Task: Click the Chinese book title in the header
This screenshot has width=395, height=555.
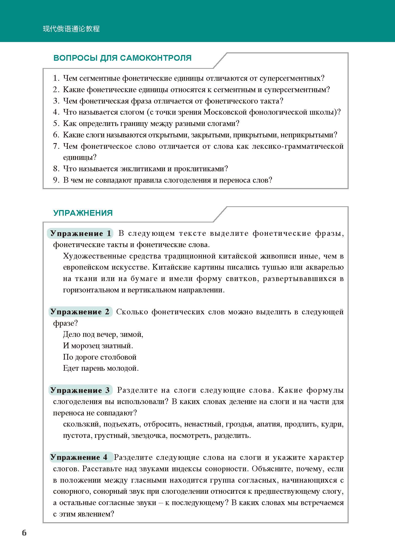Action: pyautogui.click(x=71, y=29)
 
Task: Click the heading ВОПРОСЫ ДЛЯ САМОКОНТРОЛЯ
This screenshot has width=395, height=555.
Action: pyautogui.click(x=123, y=58)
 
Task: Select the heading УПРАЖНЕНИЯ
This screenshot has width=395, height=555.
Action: pyautogui.click(x=83, y=213)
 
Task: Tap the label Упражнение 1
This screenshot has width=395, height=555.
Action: pyautogui.click(x=81, y=234)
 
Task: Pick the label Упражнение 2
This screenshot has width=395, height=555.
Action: pyautogui.click(x=80, y=312)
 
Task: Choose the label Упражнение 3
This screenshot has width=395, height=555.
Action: pyautogui.click(x=80, y=390)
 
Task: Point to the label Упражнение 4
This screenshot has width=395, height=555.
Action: pyautogui.click(x=79, y=457)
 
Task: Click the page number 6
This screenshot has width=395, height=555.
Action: pyautogui.click(x=24, y=533)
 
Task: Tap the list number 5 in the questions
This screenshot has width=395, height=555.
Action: pyautogui.click(x=56, y=124)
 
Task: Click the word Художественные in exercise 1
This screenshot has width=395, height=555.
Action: pyautogui.click(x=94, y=256)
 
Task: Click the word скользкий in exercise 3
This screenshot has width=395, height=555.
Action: pyautogui.click(x=81, y=424)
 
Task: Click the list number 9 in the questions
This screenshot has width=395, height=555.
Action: pyautogui.click(x=56, y=180)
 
